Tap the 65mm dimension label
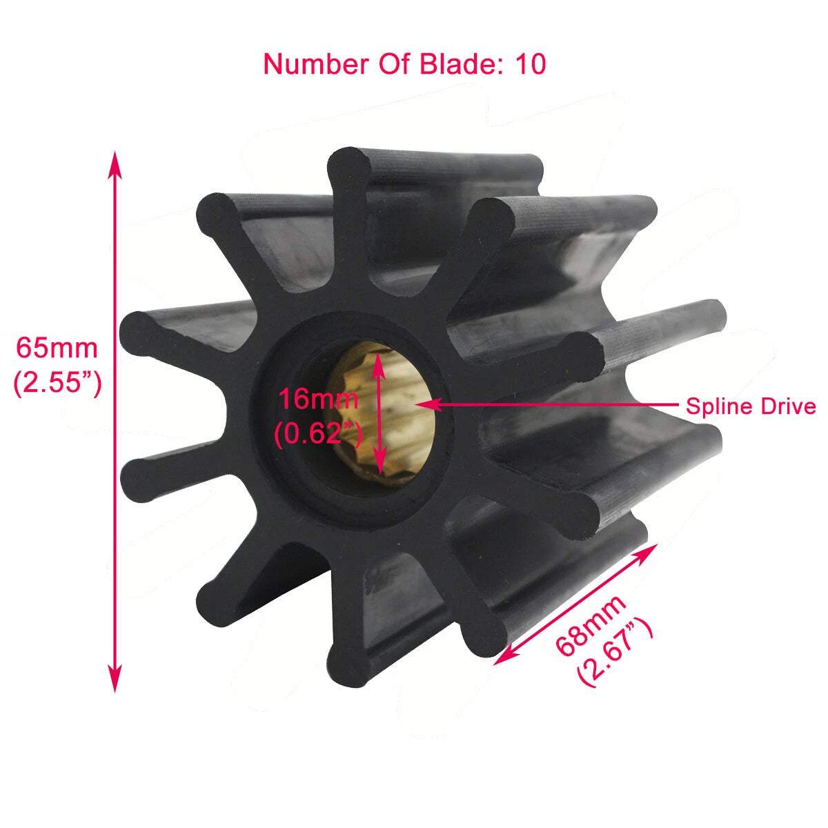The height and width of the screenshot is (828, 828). coord(57,348)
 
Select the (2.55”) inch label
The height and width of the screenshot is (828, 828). coord(58,384)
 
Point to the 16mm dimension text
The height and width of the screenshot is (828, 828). coord(318,399)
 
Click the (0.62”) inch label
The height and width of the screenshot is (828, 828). coord(318,434)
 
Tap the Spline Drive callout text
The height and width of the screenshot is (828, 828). coord(751,406)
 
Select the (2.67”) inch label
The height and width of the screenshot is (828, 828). coord(615,651)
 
